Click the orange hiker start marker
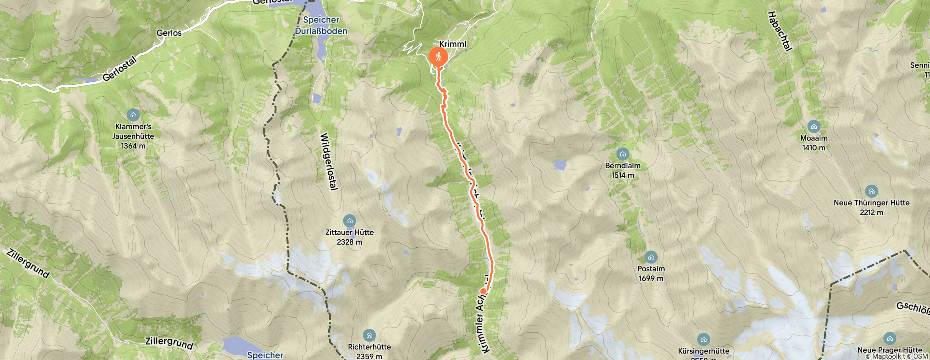(438, 57)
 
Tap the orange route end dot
(483, 291)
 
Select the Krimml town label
(453, 44)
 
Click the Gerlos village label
(169, 33)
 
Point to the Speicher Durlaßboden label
(321, 25)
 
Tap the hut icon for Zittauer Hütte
(349, 220)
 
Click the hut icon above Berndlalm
(623, 154)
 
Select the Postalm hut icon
(651, 257)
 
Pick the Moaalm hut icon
(814, 126)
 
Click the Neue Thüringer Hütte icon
(872, 191)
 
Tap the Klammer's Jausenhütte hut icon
(133, 115)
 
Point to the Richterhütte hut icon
(369, 335)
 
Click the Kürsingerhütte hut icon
(704, 340)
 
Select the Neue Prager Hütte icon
(890, 338)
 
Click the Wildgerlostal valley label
(329, 161)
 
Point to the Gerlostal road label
(119, 69)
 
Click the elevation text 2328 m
(349, 242)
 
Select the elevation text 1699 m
(651, 278)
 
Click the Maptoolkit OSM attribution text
(897, 357)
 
